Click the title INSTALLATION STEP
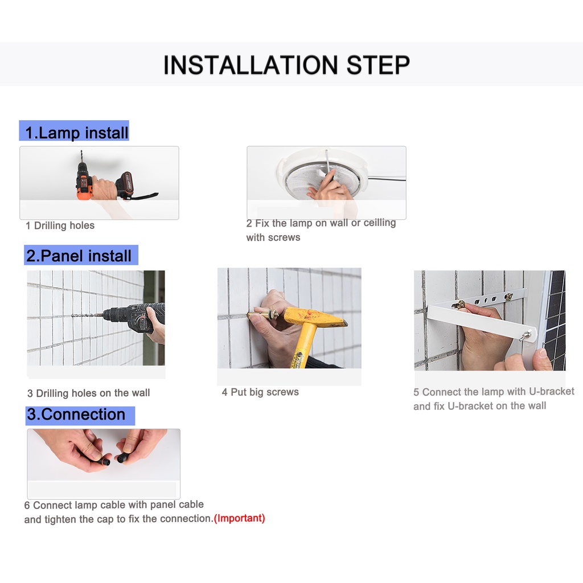pyautogui.click(x=286, y=65)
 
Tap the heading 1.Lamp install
pyautogui.click(x=77, y=133)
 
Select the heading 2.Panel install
pyautogui.click(x=79, y=256)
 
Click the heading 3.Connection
pyautogui.click(x=76, y=414)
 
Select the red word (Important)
pyautogui.click(x=240, y=518)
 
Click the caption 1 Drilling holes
pyautogui.click(x=60, y=225)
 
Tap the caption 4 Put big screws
pyautogui.click(x=260, y=392)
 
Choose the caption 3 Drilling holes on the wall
pyautogui.click(x=88, y=393)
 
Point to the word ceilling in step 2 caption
pyautogui.click(x=380, y=223)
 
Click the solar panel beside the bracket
pyautogui.click(x=555, y=321)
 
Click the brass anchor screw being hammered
pyautogui.click(x=265, y=314)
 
